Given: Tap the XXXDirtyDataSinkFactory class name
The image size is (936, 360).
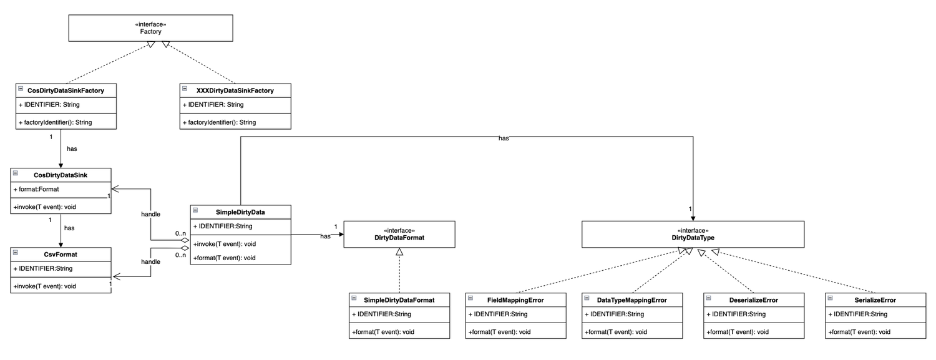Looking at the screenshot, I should click(236, 91).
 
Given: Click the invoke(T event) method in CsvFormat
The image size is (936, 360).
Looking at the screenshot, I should click(45, 286).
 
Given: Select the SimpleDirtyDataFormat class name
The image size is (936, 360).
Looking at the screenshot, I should click(399, 300).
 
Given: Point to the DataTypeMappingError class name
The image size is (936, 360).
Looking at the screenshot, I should click(631, 300).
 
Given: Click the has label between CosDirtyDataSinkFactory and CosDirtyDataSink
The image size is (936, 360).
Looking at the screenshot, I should click(71, 149).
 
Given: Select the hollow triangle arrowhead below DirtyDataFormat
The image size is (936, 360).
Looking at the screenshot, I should click(400, 251).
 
